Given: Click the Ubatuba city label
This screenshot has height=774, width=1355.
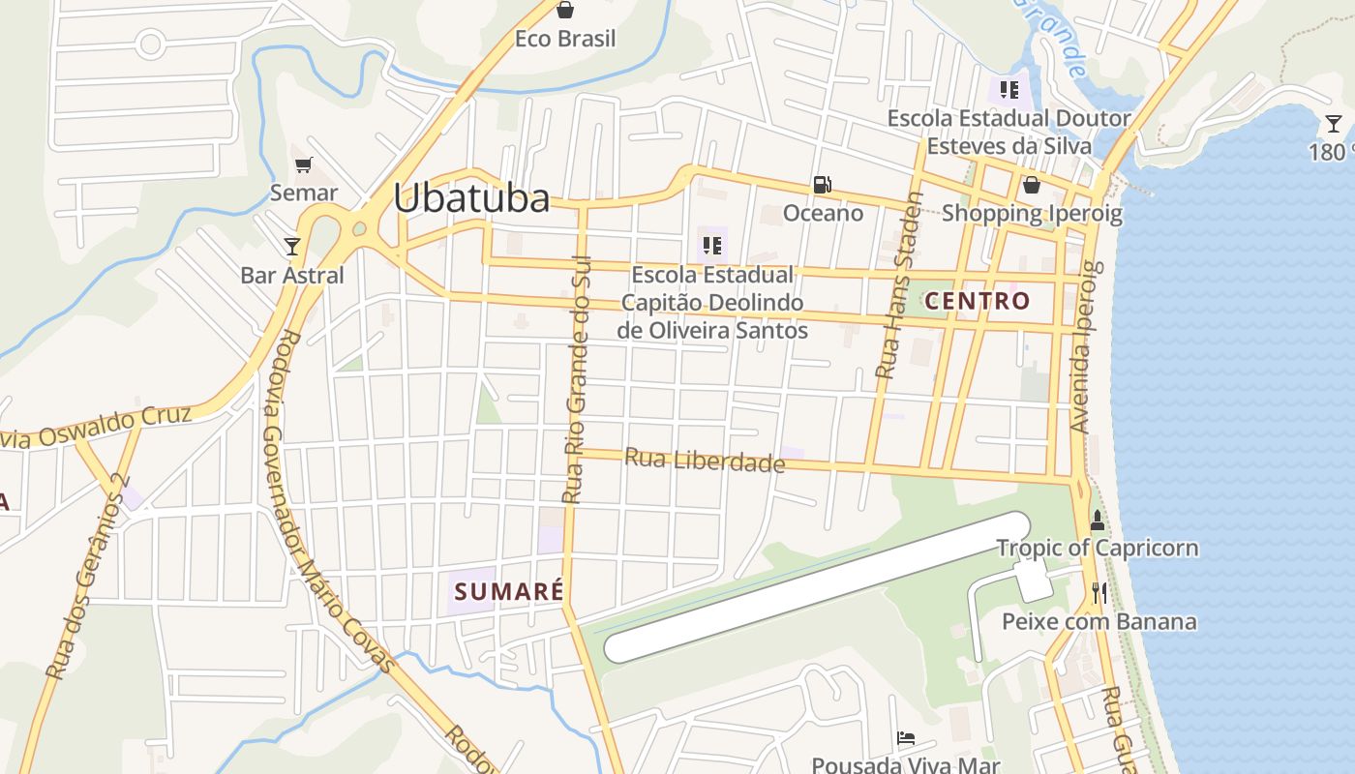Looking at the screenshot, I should pyautogui.click(x=471, y=197).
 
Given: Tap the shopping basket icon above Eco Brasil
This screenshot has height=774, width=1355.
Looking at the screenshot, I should pyautogui.click(x=565, y=10).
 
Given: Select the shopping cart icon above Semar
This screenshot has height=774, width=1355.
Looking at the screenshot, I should pyautogui.click(x=304, y=164).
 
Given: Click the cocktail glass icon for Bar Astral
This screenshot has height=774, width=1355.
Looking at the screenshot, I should pyautogui.click(x=292, y=247).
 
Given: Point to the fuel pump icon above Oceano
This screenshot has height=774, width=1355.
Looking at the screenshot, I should pyautogui.click(x=822, y=184).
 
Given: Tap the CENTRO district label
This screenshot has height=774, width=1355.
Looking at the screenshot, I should pyautogui.click(x=978, y=301).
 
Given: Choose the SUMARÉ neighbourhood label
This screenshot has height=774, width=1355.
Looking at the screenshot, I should pyautogui.click(x=509, y=591).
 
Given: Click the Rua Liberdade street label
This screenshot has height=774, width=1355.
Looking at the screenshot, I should pyautogui.click(x=704, y=461).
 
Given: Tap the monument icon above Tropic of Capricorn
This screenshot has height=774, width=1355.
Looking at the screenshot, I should pyautogui.click(x=1098, y=521).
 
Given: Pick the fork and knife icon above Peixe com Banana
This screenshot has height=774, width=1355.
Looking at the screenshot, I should pyautogui.click(x=1099, y=593).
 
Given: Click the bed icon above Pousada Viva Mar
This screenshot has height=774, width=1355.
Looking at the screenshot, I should pyautogui.click(x=905, y=738).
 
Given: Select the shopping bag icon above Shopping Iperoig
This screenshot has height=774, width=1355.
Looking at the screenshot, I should pyautogui.click(x=1032, y=185).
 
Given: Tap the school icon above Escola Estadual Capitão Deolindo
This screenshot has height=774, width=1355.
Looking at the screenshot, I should pyautogui.click(x=712, y=246).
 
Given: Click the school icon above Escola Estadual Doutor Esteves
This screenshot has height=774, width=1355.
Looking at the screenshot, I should pyautogui.click(x=1009, y=90).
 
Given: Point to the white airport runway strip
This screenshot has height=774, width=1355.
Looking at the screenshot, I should pyautogui.click(x=813, y=588).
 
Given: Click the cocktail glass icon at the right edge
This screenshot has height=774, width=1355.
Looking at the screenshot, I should pyautogui.click(x=1334, y=123).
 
